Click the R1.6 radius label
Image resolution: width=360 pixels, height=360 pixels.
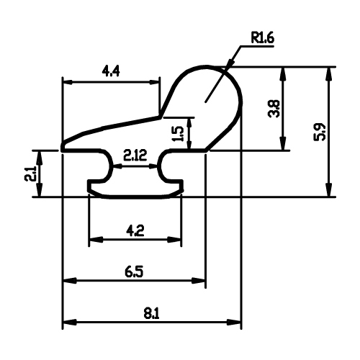(x=262, y=38)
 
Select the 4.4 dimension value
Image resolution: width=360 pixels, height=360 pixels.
(x=111, y=71)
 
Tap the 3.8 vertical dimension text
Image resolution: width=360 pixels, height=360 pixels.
(x=274, y=109)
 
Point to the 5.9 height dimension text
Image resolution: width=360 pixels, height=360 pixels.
(x=320, y=132)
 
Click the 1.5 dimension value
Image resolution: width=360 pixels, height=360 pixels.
(x=179, y=133)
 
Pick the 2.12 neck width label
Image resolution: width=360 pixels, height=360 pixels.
(x=135, y=155)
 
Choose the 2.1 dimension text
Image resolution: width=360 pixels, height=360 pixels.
(x=30, y=173)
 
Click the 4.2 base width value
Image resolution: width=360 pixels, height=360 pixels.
(x=135, y=231)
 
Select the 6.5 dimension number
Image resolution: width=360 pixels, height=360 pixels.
(x=134, y=271)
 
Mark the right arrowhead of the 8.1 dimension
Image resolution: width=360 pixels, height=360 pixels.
(x=233, y=322)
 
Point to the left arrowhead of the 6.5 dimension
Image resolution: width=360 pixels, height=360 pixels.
(x=70, y=280)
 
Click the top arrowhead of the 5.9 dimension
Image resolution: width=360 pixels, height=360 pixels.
(x=330, y=75)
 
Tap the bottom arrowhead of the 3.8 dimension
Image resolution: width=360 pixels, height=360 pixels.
(x=283, y=143)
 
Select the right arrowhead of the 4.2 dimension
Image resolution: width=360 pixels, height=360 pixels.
(x=174, y=240)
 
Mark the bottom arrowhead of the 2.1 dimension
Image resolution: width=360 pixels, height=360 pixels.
(x=40, y=190)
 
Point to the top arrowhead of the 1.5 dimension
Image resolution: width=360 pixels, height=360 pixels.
(x=189, y=123)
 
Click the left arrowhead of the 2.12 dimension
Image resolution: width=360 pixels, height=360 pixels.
(x=117, y=166)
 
